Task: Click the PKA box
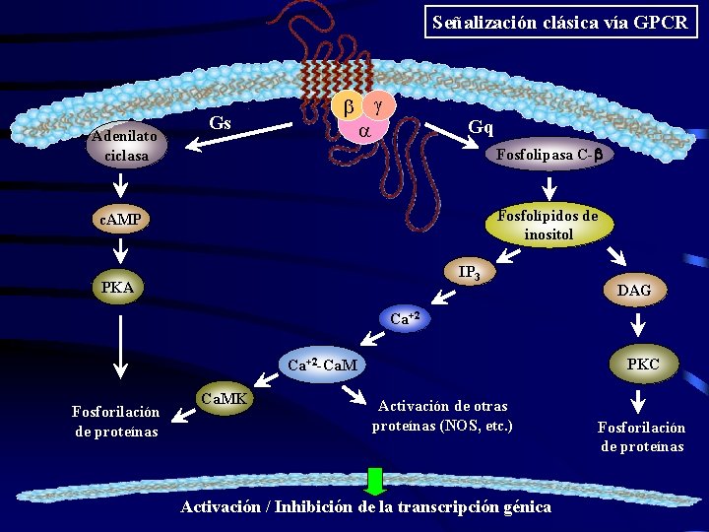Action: (118, 288)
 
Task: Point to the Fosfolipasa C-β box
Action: (548, 155)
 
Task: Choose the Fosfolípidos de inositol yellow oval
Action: (548, 225)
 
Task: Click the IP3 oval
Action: (469, 273)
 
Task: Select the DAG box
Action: (639, 290)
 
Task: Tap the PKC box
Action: (642, 365)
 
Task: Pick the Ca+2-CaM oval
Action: (323, 366)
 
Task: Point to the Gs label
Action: (221, 123)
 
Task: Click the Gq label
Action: (482, 127)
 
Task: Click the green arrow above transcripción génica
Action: (375, 480)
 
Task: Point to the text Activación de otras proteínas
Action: (442, 415)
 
